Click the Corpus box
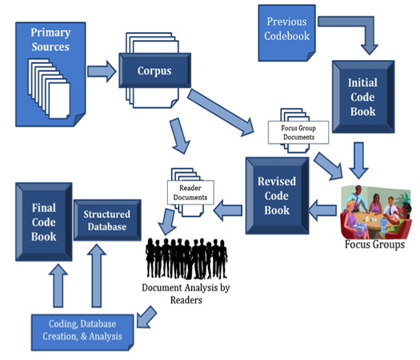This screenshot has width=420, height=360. click(155, 70)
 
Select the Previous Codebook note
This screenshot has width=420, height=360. click(287, 33)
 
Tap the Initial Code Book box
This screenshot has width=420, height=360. click(363, 97)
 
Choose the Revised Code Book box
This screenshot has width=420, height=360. click(278, 196)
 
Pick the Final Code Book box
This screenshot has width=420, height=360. click(44, 222)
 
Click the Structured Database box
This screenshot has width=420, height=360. click(107, 220)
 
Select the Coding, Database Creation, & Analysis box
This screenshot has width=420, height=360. click(82, 333)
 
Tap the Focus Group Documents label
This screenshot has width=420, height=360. click(298, 132)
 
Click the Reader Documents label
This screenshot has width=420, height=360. click(190, 193)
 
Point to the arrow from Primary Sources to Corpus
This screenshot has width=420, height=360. click(102, 71)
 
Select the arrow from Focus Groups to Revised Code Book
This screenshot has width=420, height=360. click(322, 210)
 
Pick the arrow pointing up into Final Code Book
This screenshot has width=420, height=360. click(58, 286)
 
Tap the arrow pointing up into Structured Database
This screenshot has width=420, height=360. click(97, 276)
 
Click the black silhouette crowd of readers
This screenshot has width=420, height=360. click(186, 258)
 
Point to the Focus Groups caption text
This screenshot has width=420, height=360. click(374, 245)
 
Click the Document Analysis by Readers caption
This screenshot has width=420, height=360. click(186, 294)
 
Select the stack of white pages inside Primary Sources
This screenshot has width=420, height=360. click(49, 88)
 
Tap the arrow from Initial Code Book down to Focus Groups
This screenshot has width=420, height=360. click(358, 161)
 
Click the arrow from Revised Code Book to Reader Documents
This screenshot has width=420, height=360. click(228, 210)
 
